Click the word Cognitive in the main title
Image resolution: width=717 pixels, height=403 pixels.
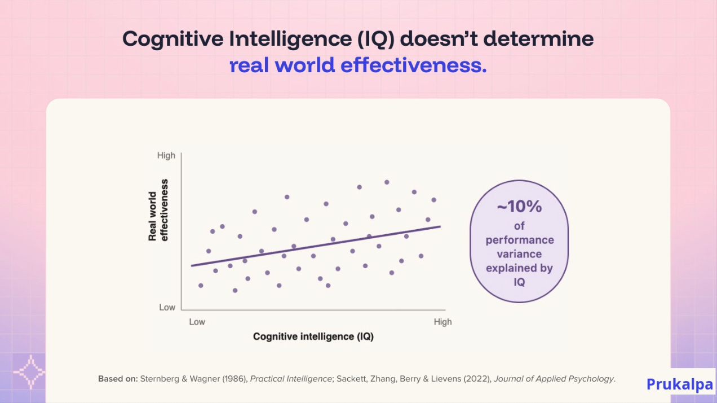(173, 39)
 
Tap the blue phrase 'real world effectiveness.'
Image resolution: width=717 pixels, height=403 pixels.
(358, 65)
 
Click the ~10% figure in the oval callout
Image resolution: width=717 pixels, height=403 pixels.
(519, 206)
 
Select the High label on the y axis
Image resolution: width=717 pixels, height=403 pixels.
(166, 155)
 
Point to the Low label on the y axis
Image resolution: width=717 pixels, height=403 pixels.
(167, 308)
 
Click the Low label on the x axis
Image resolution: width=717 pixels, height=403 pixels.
(197, 322)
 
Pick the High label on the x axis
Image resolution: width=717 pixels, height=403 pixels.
(442, 322)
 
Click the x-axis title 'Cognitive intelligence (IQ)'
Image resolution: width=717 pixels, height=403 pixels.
(313, 336)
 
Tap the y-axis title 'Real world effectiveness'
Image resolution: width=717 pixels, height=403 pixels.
(158, 210)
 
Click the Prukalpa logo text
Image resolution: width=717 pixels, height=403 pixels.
(680, 384)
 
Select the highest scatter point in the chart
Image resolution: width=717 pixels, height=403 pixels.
(387, 182)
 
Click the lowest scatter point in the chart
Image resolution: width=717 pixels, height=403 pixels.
(235, 291)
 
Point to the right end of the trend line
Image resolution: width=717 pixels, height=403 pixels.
(440, 227)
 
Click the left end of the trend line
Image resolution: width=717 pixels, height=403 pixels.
(192, 266)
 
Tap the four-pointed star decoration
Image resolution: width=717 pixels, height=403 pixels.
(31, 372)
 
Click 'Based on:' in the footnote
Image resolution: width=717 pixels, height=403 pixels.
(118, 379)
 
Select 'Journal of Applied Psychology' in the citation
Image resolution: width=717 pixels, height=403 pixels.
(554, 379)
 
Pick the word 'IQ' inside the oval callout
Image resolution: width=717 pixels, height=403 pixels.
(519, 282)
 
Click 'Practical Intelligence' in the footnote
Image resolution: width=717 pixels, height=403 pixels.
(291, 379)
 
